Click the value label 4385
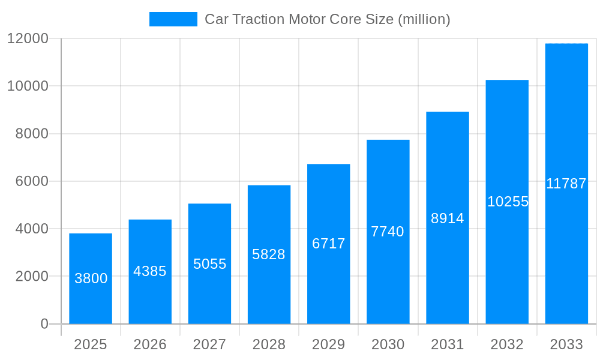pos(150,271)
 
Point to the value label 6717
pos(328,244)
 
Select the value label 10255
pos(508,202)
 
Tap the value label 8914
pos(448,218)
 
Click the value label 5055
pos(209,264)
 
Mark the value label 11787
pos(566,184)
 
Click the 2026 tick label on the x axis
pos(150,344)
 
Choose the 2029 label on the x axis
pos(328,344)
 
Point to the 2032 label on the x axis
pos(507,344)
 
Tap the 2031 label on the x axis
pos(448,344)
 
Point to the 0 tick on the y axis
pos(44,324)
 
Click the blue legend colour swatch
pos(173,19)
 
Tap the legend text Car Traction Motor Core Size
pos(327,19)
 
